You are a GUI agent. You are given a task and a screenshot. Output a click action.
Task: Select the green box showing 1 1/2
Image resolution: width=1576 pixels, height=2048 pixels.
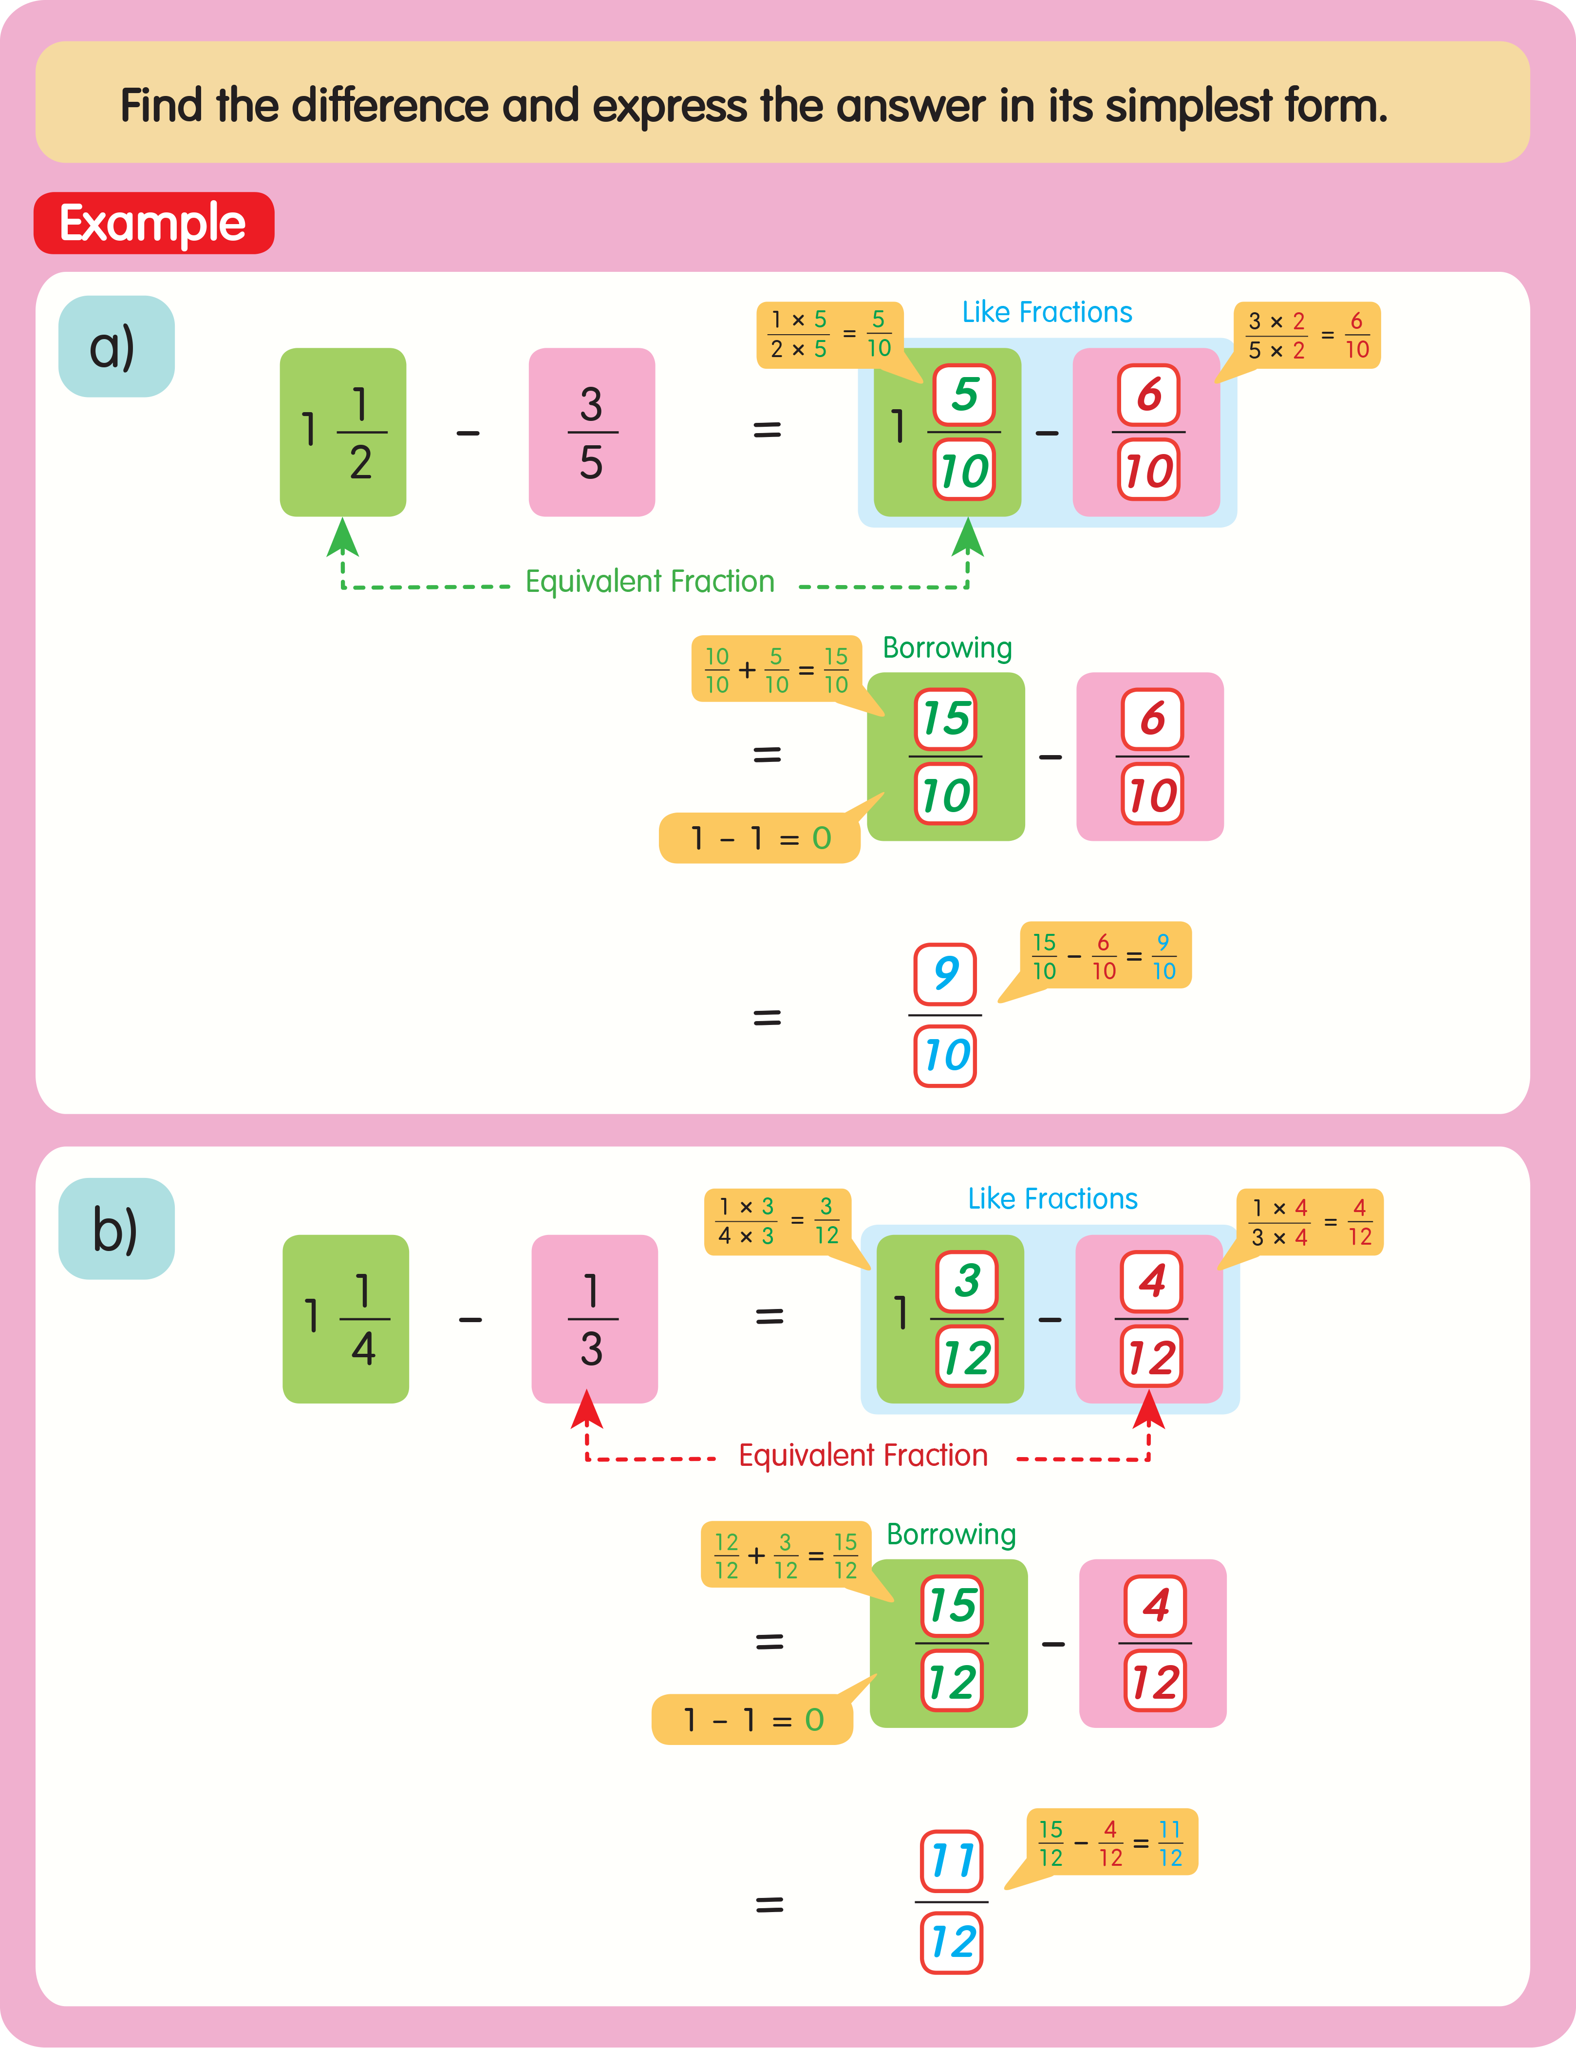pos(342,432)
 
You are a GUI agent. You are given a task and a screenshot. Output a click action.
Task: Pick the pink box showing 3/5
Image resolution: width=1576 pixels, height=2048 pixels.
pos(592,432)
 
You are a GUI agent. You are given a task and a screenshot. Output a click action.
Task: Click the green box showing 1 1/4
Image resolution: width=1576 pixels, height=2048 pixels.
pos(345,1318)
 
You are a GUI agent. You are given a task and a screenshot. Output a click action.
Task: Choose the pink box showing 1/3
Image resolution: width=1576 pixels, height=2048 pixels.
pos(594,1318)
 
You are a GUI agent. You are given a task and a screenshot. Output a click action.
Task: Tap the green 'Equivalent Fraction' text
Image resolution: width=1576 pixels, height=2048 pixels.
pos(650,581)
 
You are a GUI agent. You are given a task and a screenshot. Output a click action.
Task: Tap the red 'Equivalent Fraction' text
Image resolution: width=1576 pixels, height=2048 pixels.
pos(863,1455)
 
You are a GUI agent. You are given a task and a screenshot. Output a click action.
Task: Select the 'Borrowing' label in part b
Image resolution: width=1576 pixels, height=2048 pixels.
pos(951,1534)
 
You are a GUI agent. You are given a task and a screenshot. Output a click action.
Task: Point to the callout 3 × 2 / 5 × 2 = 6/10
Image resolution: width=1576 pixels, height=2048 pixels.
pos(1307,335)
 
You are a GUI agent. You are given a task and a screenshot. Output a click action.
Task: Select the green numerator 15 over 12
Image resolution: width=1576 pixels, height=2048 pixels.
pos(952,1605)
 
